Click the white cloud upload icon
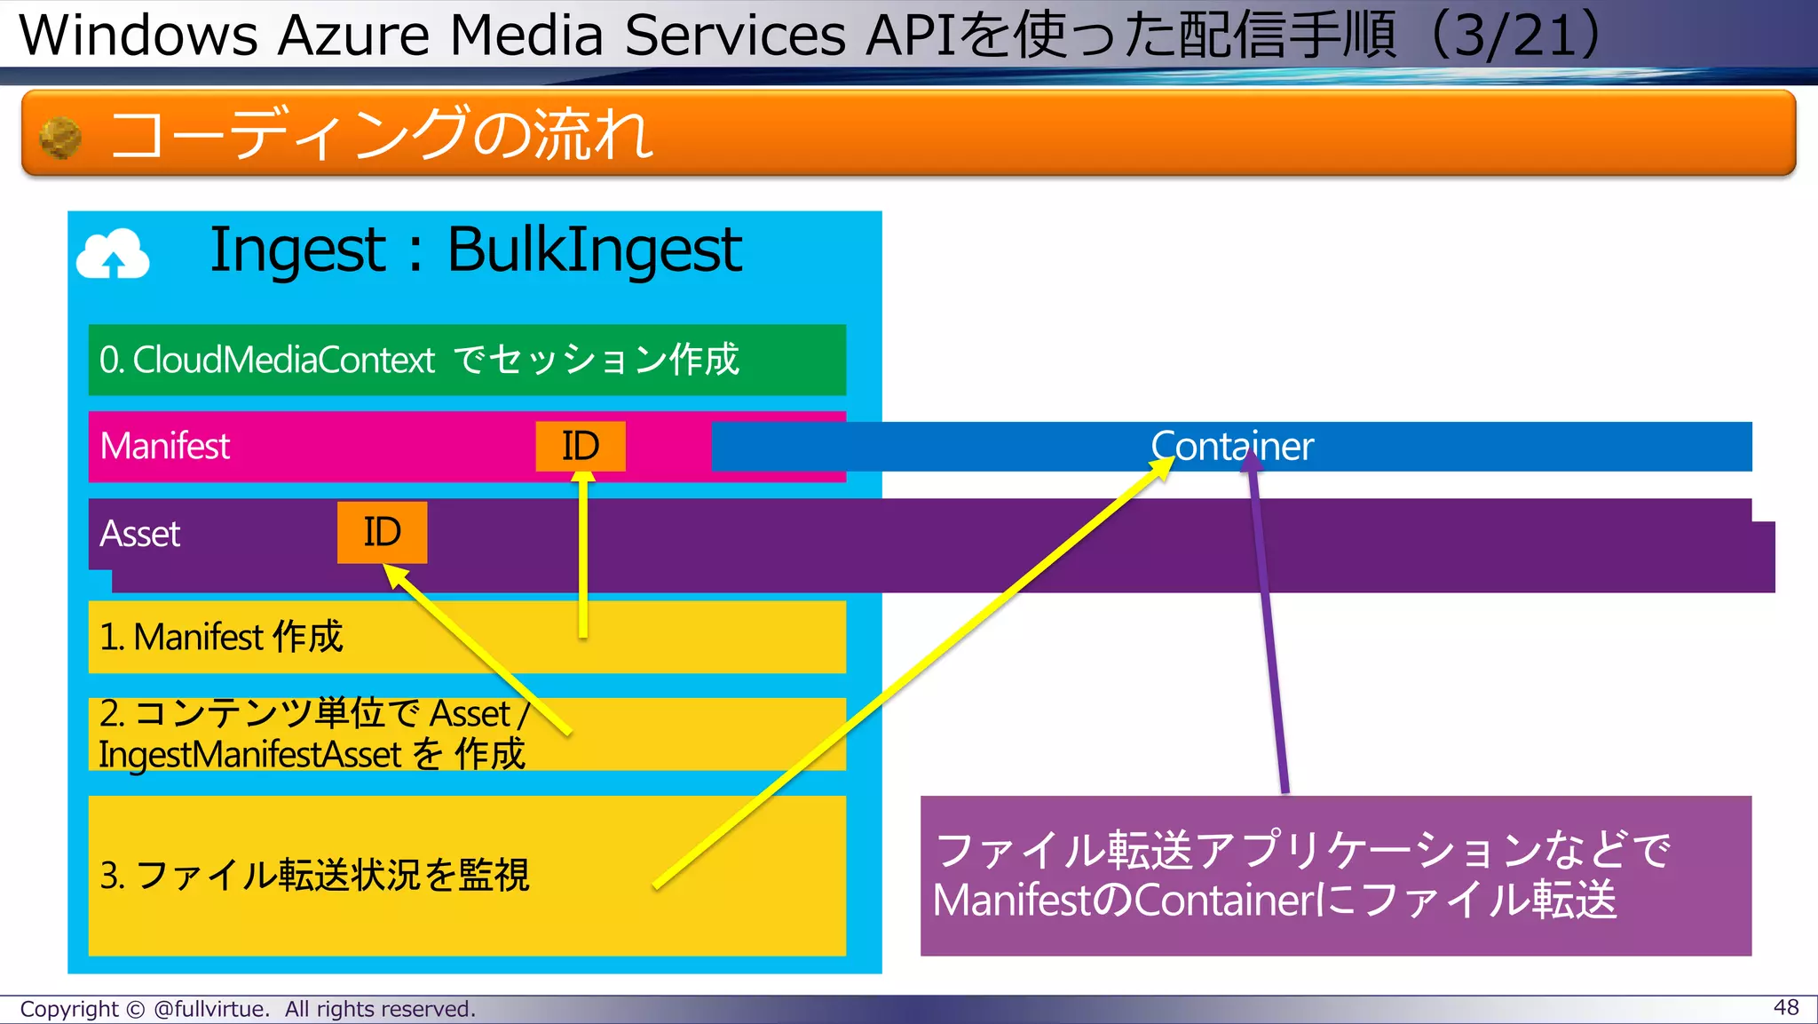(113, 255)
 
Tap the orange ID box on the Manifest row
(581, 446)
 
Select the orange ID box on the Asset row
(382, 532)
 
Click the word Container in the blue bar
(1231, 447)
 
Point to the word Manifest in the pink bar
(165, 446)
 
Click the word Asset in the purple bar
(140, 534)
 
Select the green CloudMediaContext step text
(418, 360)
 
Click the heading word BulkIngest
(594, 250)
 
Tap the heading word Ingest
(297, 250)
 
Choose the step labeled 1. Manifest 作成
(221, 637)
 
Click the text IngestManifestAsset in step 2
(250, 755)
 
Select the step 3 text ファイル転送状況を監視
(314, 875)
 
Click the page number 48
(1785, 1007)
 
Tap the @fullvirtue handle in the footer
(210, 1010)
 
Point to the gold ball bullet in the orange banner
(60, 138)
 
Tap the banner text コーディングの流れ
(382, 135)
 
